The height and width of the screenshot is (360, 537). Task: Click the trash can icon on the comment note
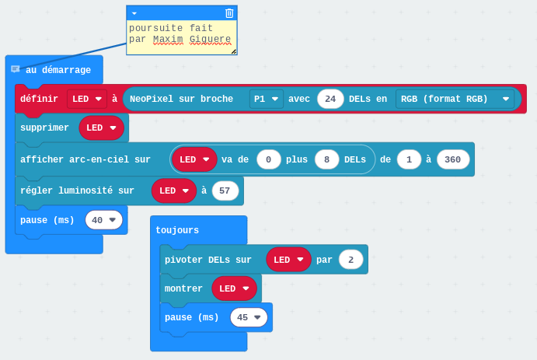tap(229, 13)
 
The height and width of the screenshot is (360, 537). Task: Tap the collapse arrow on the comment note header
tap(134, 13)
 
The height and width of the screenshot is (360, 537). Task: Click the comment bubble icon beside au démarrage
tap(16, 69)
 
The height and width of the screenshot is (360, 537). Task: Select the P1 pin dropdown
tap(266, 99)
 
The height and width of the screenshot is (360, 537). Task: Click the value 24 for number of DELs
tap(330, 99)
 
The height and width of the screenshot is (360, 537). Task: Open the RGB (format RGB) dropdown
tap(455, 99)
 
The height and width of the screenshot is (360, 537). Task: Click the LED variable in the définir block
tap(86, 99)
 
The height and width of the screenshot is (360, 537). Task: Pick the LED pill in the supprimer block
tap(101, 128)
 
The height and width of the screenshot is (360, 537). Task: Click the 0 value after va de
tap(269, 159)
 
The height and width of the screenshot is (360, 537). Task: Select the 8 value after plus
tap(326, 159)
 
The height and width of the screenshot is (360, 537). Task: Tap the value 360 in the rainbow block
tap(453, 159)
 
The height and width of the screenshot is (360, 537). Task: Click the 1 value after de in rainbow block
tap(409, 159)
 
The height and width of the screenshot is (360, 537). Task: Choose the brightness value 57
tap(225, 190)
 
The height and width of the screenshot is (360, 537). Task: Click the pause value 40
tap(104, 220)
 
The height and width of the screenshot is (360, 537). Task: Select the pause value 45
tap(249, 317)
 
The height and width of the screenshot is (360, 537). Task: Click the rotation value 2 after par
tap(350, 260)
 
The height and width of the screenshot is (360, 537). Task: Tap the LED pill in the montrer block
tap(234, 288)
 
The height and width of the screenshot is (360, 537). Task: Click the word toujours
tap(177, 230)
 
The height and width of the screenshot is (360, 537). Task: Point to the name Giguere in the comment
tap(210, 39)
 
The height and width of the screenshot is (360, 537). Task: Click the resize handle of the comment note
tap(233, 51)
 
